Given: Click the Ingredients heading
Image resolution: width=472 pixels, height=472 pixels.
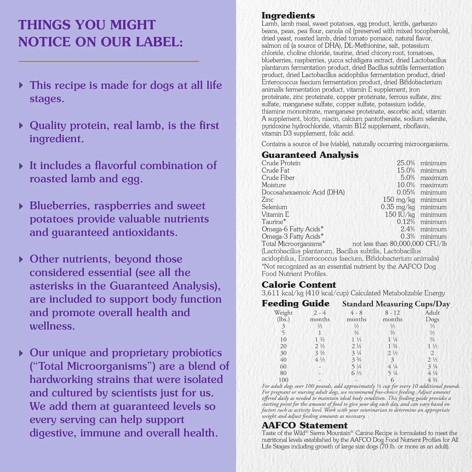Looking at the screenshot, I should pyautogui.click(x=288, y=15).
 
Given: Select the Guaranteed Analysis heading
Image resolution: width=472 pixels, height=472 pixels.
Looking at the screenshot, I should pyautogui.click(x=310, y=155).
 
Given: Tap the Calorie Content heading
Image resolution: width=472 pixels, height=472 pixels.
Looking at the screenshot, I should pyautogui.click(x=299, y=284).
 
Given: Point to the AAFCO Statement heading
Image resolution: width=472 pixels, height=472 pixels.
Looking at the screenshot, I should pyautogui.click(x=305, y=425).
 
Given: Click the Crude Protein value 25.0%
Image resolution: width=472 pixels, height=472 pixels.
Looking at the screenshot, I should pyautogui.click(x=406, y=163).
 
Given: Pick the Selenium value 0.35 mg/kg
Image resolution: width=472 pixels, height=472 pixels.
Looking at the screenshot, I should pyautogui.click(x=398, y=207).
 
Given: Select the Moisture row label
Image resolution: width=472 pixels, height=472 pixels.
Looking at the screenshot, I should pyautogui.click(x=273, y=185).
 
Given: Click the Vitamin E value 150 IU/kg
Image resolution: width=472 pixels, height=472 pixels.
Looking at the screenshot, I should pyautogui.click(x=400, y=214).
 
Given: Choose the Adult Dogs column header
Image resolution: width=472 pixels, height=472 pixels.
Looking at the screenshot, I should pyautogui.click(x=432, y=316).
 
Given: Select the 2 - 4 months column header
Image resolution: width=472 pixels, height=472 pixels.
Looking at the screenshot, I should pyautogui.click(x=320, y=316).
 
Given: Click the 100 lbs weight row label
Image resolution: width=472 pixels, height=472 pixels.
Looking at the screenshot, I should pyautogui.click(x=283, y=380).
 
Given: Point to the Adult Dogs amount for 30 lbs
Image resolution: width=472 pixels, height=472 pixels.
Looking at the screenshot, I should pyautogui.click(x=432, y=353).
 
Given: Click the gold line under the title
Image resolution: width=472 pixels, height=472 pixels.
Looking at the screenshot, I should pyautogui.click(x=109, y=61).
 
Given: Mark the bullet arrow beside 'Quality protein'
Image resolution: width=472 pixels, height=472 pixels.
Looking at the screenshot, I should pyautogui.click(x=21, y=126).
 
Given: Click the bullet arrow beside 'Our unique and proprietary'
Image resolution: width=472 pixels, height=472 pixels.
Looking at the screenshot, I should pyautogui.click(x=21, y=353).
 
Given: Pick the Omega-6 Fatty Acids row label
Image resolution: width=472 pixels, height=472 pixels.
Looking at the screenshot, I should pyautogui.click(x=292, y=229).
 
